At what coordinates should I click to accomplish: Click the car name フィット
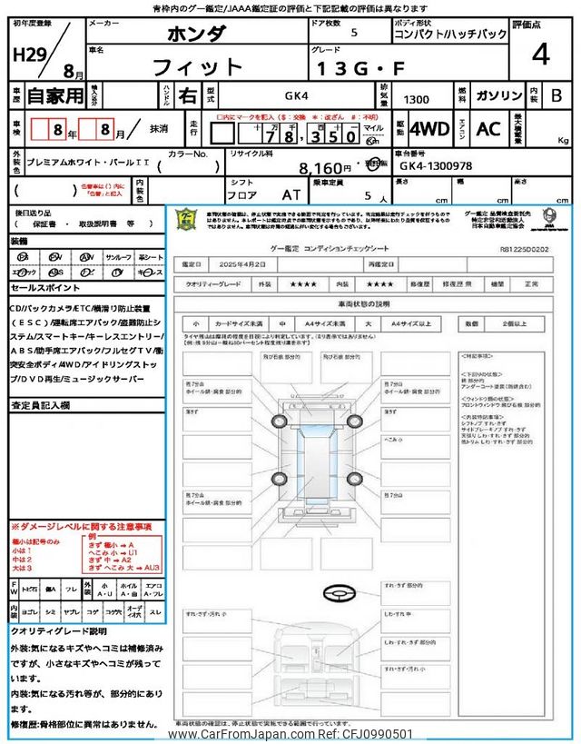[x=197, y=67]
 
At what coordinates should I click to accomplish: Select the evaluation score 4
[x=541, y=55]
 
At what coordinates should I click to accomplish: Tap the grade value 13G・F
[x=351, y=68]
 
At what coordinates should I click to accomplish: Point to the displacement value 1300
[x=417, y=98]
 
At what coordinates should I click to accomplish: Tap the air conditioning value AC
[x=488, y=129]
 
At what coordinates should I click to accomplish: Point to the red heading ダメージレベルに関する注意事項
[x=81, y=526]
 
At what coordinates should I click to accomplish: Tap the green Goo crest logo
[x=185, y=220]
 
